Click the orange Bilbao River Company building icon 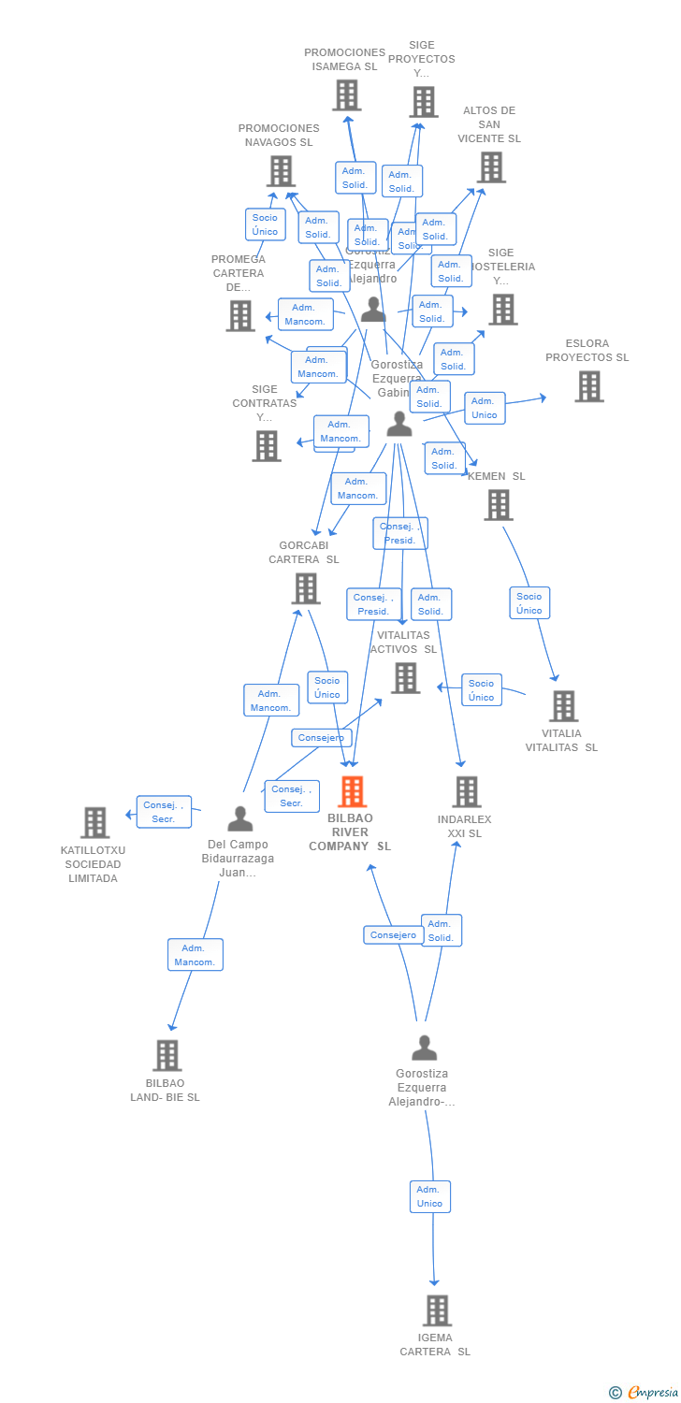(352, 791)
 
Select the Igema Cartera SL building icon (436, 1310)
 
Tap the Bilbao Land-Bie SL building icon (167, 1055)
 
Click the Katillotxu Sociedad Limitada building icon (94, 822)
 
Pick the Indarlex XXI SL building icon (466, 791)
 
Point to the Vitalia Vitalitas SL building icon (563, 706)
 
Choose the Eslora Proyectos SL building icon (588, 386)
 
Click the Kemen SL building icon (499, 505)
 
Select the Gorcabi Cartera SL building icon (306, 588)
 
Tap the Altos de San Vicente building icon (491, 167)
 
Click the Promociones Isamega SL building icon (346, 95)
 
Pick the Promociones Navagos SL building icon (281, 171)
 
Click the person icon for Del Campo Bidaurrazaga (239, 819)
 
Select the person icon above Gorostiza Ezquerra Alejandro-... (424, 1048)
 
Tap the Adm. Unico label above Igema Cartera (429, 1196)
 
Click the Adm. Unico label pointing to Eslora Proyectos (484, 408)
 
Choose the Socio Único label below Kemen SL (529, 603)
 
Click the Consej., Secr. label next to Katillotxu (164, 812)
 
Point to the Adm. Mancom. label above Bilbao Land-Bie (195, 955)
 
